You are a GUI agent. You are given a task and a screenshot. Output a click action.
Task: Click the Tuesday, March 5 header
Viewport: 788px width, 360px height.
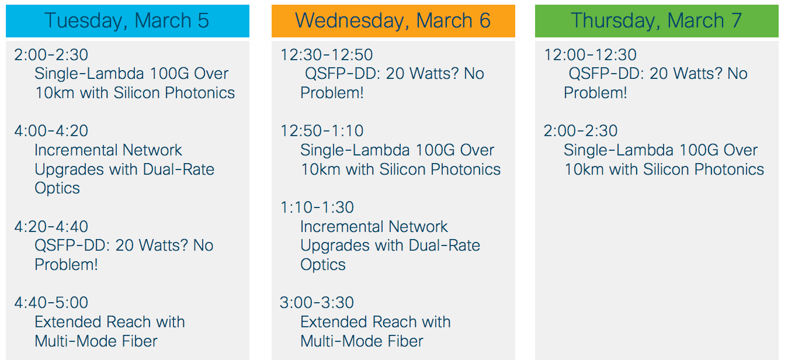(x=127, y=21)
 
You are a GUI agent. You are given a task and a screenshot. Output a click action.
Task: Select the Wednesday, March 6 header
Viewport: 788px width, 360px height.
(x=393, y=21)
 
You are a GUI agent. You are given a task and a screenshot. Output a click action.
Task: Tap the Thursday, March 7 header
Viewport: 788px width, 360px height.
(x=657, y=21)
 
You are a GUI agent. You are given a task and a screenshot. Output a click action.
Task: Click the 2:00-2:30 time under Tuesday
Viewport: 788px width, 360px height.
(x=51, y=55)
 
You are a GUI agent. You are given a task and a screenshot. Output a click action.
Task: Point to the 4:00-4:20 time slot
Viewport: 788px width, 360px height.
(x=51, y=131)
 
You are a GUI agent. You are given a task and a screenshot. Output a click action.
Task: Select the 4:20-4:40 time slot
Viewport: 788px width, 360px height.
(x=51, y=227)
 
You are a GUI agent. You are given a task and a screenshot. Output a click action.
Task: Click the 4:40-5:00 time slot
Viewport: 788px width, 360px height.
(x=51, y=303)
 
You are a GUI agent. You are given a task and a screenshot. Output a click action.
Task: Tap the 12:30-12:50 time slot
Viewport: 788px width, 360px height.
(x=327, y=55)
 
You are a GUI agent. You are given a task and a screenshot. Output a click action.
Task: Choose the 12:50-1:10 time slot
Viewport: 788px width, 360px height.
(x=322, y=131)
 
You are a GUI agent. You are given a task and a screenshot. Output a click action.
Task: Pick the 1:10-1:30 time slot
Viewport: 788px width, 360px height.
(x=317, y=207)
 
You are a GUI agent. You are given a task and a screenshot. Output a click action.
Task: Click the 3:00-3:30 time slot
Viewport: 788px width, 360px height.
(x=317, y=303)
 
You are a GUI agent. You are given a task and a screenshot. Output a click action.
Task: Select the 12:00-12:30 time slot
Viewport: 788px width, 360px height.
(x=591, y=55)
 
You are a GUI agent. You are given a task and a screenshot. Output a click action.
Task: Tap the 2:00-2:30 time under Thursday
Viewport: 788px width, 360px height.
(x=581, y=131)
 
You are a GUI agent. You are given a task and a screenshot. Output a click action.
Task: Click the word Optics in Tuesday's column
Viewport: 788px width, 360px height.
(x=57, y=188)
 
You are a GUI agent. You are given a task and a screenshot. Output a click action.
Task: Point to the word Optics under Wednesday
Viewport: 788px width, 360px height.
(x=323, y=265)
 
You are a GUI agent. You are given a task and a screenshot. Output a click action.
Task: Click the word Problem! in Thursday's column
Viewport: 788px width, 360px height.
(x=595, y=93)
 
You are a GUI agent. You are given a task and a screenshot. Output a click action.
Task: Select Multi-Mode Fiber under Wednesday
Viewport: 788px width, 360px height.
(x=362, y=341)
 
